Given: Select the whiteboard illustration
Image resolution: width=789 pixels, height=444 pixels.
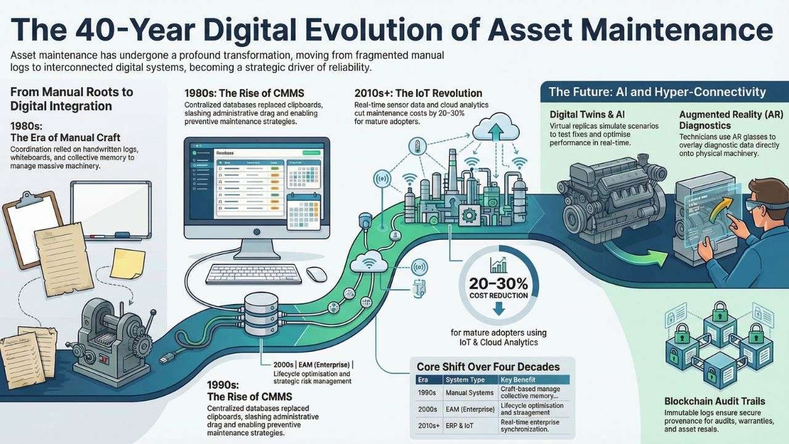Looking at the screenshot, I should point(111,210).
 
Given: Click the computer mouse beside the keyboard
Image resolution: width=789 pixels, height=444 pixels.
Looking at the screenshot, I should point(316,274).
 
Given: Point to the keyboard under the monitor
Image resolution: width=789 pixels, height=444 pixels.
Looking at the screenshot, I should point(253,274).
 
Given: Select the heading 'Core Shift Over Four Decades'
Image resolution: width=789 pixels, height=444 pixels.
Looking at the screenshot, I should point(488,367).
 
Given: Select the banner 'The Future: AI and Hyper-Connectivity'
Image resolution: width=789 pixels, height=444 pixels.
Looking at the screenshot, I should point(657,92).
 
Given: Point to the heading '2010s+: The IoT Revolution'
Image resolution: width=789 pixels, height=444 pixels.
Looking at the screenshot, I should point(418,93).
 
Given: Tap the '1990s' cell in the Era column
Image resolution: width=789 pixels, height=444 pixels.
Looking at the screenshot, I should point(428,393).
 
